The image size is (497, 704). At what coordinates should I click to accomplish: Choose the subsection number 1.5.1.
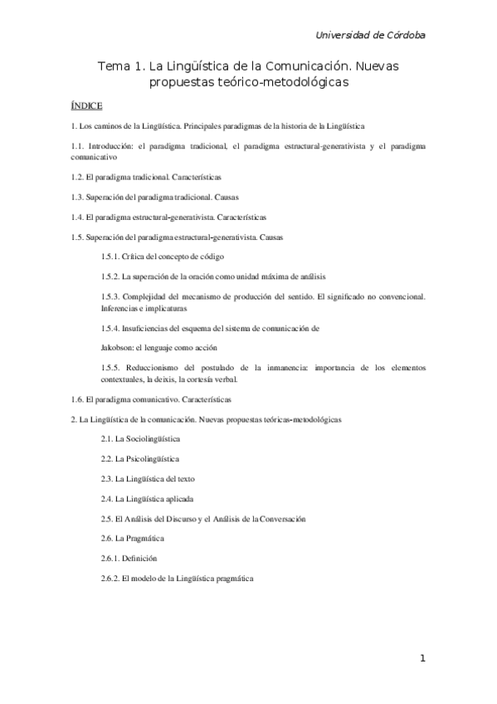110,257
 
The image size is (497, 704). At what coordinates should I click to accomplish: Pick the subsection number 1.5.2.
110,276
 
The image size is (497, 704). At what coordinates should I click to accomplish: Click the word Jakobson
117,347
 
